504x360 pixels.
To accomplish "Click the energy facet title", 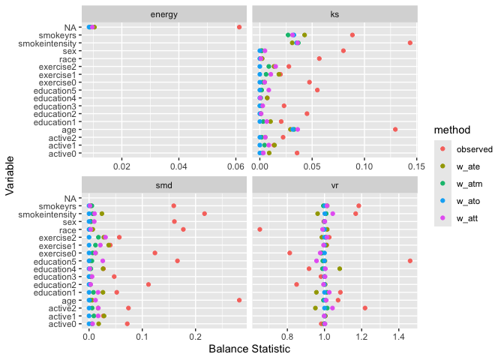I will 163,14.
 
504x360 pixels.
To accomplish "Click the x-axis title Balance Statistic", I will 249,349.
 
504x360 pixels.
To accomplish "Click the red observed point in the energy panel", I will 239,27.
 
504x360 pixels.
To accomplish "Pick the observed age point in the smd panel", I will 239,300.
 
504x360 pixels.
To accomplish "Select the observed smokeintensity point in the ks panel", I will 410,43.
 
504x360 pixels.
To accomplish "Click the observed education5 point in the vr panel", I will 410,260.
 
